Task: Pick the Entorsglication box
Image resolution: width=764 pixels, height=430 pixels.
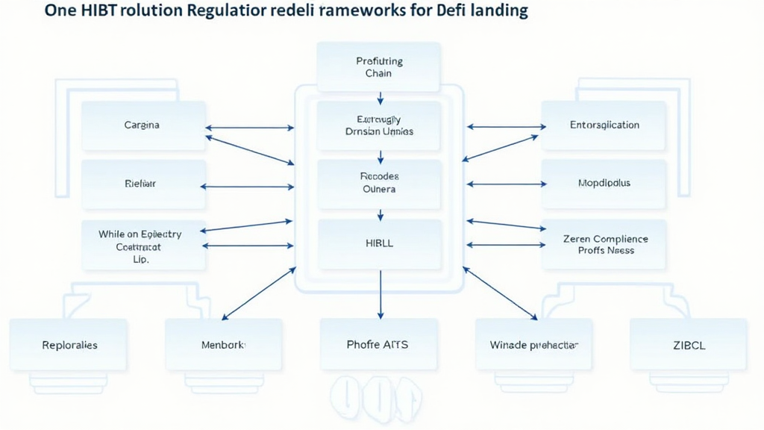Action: click(x=604, y=125)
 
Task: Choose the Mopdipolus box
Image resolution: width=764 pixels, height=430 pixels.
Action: click(x=604, y=184)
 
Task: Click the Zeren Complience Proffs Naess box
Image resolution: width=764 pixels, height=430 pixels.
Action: click(x=604, y=245)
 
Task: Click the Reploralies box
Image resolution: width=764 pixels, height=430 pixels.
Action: click(x=69, y=345)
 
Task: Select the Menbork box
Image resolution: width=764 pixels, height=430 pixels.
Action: click(x=224, y=345)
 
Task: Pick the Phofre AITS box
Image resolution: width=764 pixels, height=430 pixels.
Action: click(x=378, y=345)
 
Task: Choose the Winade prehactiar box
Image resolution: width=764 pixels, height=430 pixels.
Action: click(x=533, y=345)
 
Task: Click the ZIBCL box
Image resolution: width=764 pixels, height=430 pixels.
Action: click(x=688, y=345)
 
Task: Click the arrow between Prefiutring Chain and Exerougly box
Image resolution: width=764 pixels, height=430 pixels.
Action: click(x=381, y=97)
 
